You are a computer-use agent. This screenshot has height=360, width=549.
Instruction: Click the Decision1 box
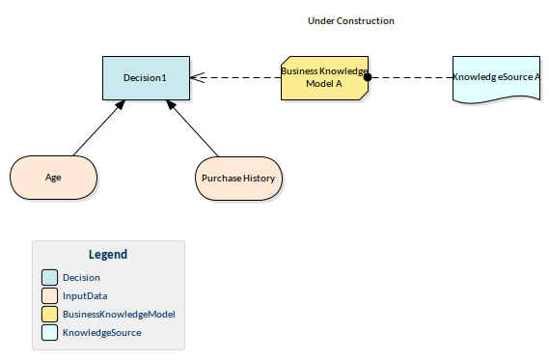(146, 77)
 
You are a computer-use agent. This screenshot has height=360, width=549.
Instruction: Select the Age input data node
(53, 178)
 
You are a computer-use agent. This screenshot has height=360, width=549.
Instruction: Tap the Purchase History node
(238, 178)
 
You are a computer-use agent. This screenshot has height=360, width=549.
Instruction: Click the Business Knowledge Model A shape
(324, 77)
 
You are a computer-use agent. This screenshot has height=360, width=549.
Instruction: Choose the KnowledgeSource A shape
(496, 77)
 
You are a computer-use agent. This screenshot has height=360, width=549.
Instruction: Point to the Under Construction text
(350, 20)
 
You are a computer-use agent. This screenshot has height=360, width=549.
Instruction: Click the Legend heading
(107, 255)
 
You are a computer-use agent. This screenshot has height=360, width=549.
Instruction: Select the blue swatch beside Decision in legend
(49, 278)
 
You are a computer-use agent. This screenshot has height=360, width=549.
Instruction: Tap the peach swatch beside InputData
(49, 296)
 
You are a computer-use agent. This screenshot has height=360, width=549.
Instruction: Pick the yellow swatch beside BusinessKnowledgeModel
(49, 315)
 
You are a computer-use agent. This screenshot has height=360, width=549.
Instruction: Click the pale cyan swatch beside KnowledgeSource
(49, 333)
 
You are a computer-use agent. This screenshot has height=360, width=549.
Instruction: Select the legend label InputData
(85, 296)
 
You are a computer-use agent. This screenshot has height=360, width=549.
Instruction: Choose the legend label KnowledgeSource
(101, 333)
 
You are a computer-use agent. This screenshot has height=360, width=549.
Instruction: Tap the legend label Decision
(81, 278)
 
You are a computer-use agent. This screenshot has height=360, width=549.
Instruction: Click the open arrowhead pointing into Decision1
(196, 77)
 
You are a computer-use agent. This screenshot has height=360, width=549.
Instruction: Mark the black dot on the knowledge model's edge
(368, 77)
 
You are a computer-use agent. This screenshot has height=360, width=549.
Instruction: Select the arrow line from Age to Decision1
(96, 128)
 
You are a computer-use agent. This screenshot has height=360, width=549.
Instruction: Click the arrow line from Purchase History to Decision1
(195, 128)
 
